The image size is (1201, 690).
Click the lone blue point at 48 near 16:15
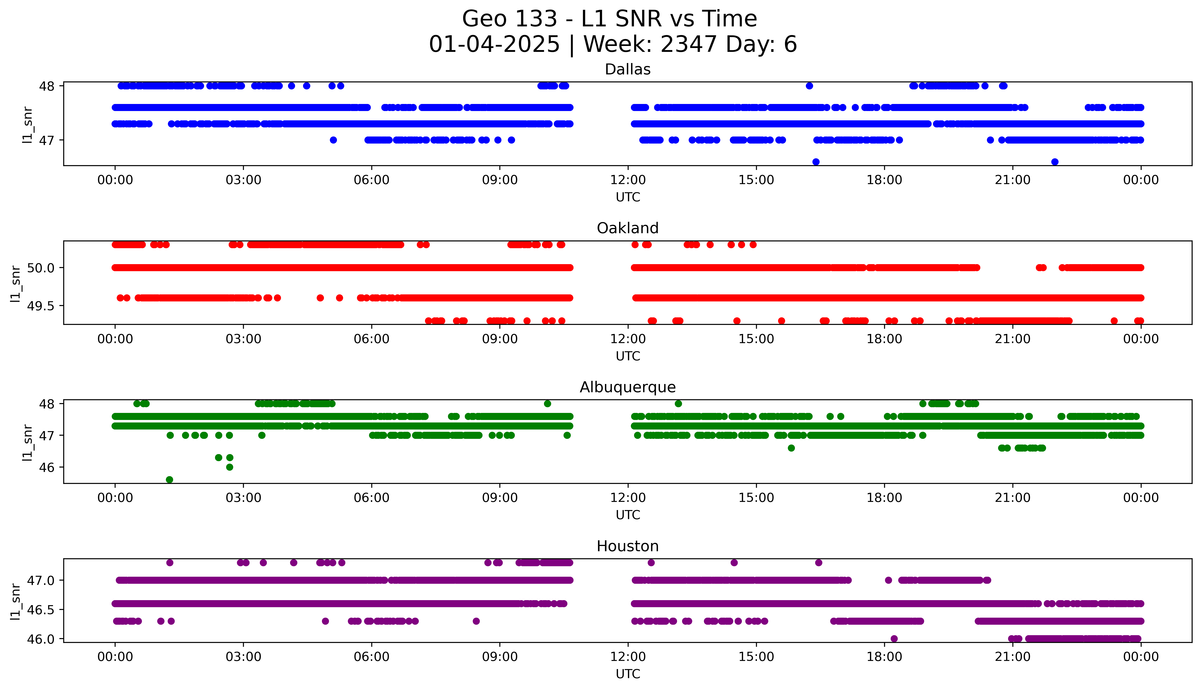(809, 86)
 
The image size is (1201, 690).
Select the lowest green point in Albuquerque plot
(170, 480)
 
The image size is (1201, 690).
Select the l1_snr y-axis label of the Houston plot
(16, 601)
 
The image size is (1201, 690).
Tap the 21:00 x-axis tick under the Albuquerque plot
(1012, 498)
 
